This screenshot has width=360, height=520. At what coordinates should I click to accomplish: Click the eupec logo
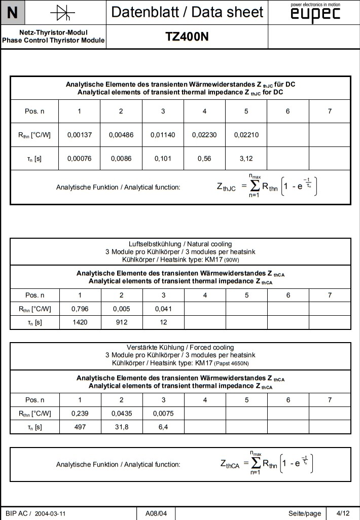pos(315,14)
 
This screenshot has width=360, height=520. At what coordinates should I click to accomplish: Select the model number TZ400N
pos(187,36)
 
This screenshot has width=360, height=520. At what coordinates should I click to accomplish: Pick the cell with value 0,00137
pos(79,135)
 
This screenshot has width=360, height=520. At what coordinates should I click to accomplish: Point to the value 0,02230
pos(204,135)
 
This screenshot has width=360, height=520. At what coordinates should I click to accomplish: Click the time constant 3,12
pos(246,159)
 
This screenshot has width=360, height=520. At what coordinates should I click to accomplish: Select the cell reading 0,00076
pos(79,159)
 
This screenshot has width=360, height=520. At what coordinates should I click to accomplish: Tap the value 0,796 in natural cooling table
pos(80,308)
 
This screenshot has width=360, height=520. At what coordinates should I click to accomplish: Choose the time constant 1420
pos(80,322)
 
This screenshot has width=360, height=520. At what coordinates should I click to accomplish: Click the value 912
pos(121,322)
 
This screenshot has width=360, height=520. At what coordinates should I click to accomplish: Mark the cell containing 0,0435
pos(121,413)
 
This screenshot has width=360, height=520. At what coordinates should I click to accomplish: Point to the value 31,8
pos(121,427)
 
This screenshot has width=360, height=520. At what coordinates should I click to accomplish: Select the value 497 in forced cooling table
pos(80,427)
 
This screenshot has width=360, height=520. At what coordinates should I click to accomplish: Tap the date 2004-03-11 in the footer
pos(51,513)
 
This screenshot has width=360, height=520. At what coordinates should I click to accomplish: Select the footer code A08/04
pos(156,513)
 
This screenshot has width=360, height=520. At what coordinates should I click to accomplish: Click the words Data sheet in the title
pos(230,12)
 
